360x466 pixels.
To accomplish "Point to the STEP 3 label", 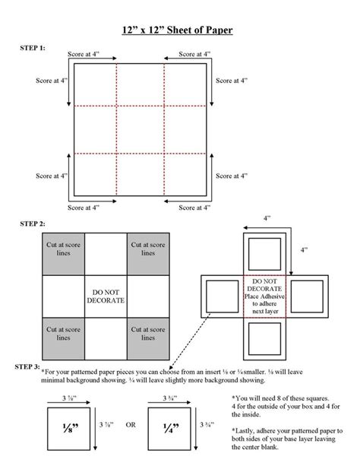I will [x=28, y=366].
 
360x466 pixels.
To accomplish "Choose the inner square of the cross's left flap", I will [x=220, y=296].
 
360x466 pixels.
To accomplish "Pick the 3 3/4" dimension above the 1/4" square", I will [x=166, y=398].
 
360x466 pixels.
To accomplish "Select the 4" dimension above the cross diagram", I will [x=267, y=217].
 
